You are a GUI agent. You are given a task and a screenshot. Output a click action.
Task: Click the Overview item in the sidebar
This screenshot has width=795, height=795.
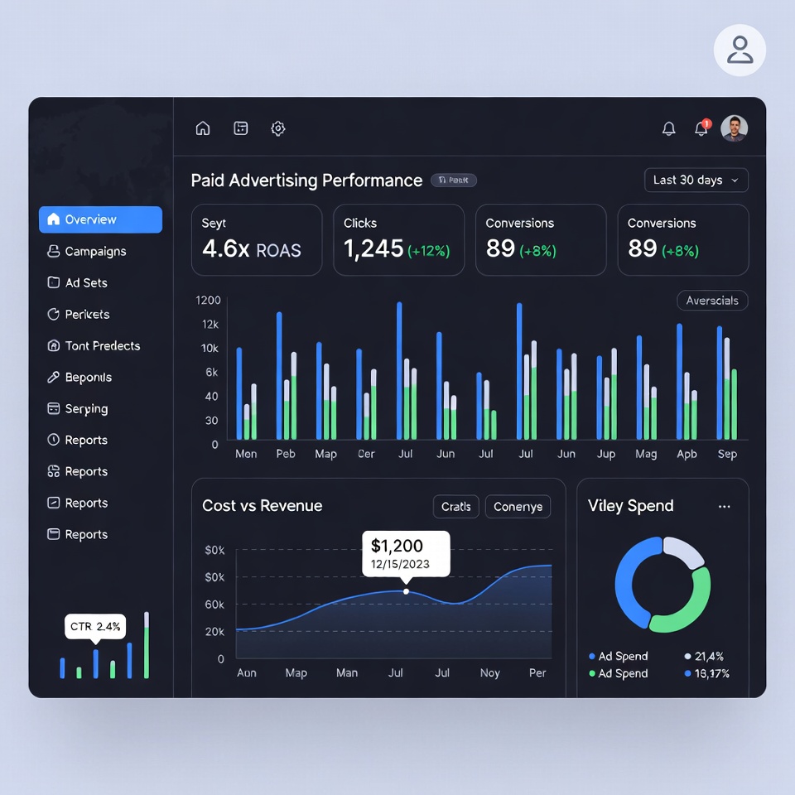pos(100,219)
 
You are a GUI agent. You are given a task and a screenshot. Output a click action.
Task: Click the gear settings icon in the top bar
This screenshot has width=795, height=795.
pos(278,128)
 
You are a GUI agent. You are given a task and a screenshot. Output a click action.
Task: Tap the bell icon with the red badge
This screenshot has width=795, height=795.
pos(701,128)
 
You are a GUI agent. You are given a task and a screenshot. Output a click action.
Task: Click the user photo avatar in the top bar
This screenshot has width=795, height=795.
pos(734,128)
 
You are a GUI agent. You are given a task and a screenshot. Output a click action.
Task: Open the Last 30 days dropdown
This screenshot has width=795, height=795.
pos(696,180)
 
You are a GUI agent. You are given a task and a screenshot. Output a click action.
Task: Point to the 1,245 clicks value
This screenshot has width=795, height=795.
pos(373,248)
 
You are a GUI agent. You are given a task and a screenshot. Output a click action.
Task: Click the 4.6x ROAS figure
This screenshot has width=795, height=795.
pos(251,249)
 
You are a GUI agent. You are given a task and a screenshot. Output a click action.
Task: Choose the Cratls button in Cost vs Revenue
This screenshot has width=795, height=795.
pos(455,506)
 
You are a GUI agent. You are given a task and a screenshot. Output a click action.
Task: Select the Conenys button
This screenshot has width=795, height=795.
pos(518,506)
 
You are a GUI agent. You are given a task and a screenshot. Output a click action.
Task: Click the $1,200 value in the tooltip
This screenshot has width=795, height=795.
pos(397,546)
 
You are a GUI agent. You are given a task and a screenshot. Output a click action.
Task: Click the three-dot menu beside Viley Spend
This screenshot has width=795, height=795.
pos(725,506)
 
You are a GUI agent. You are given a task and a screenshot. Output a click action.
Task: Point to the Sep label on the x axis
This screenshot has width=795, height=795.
pos(727,454)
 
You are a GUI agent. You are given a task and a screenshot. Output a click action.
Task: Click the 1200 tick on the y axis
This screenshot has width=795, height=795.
pos(208,300)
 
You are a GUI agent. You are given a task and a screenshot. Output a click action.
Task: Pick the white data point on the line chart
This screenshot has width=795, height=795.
pos(406,591)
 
